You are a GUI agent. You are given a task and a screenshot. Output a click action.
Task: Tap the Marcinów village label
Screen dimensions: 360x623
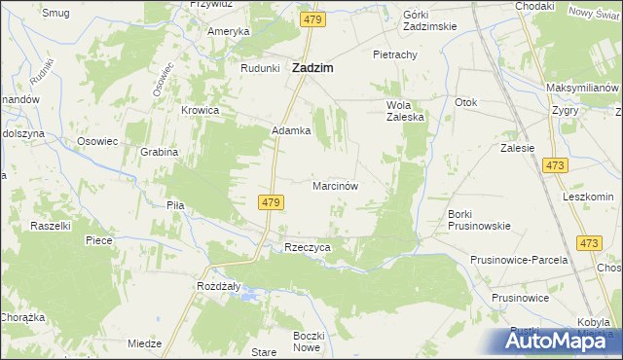[x=337, y=185]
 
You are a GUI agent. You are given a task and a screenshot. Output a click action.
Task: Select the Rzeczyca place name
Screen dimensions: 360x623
[x=308, y=248]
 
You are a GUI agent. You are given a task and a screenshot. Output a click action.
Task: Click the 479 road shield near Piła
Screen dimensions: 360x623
[x=272, y=202]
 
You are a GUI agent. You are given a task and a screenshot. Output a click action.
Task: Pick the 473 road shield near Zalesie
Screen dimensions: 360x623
[x=556, y=168]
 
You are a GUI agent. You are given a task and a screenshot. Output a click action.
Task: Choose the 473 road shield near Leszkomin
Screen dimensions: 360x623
[x=588, y=243]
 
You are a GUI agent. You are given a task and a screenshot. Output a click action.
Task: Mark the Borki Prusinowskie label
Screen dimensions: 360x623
[x=479, y=220]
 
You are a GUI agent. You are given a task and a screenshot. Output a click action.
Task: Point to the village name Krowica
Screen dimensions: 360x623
[x=200, y=111]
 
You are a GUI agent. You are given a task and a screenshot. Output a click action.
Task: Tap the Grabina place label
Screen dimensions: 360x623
[x=159, y=152]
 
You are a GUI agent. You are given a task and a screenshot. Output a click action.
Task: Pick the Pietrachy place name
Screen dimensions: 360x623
[x=395, y=55]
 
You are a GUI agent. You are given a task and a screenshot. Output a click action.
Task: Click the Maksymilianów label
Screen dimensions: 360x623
[x=583, y=89]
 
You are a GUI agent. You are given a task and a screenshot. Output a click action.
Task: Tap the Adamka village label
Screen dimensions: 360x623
[x=291, y=130]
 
